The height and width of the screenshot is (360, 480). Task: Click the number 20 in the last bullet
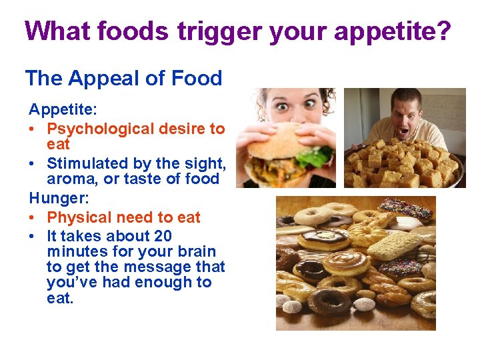click(163, 236)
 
